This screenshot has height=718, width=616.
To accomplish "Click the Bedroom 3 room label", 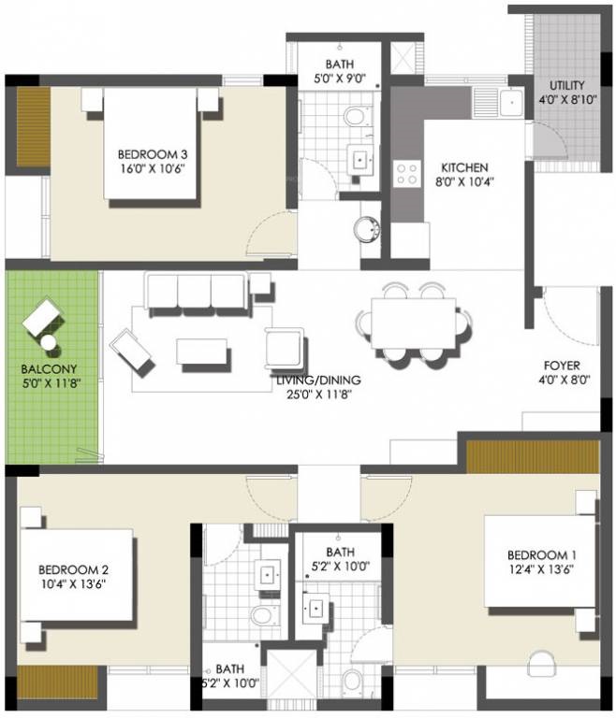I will pos(146,154).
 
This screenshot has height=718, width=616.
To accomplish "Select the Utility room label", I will pos(568,85).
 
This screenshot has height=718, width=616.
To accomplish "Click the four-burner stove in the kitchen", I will pos(408,172).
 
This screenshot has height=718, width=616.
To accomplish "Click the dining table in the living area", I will pos(413,323).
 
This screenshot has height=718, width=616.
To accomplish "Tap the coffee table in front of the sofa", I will pos(202,352).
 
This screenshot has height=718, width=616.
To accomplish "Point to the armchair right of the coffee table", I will pos(286,349).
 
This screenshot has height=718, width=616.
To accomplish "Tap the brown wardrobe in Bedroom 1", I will pos(533,457).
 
